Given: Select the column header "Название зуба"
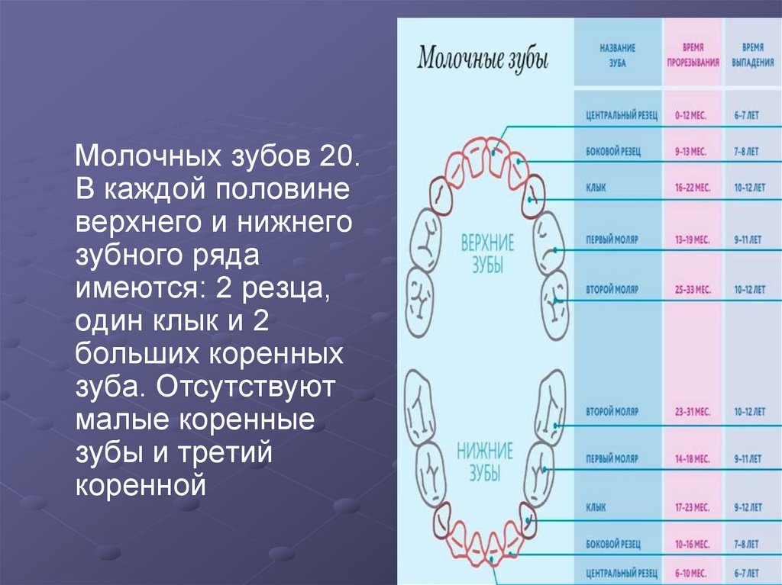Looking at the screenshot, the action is pyautogui.click(x=618, y=56).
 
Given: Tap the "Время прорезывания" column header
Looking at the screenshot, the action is pyautogui.click(x=693, y=56).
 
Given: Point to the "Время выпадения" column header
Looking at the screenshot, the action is pyautogui.click(x=751, y=56).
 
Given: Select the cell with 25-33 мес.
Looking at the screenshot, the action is pyautogui.click(x=692, y=290).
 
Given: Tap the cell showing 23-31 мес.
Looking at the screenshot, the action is pyautogui.click(x=692, y=411).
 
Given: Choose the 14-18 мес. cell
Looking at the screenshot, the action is pyautogui.click(x=692, y=460).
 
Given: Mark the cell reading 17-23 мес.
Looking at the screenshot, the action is pyautogui.click(x=692, y=506).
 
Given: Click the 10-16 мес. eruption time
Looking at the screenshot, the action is pyautogui.click(x=692, y=545).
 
